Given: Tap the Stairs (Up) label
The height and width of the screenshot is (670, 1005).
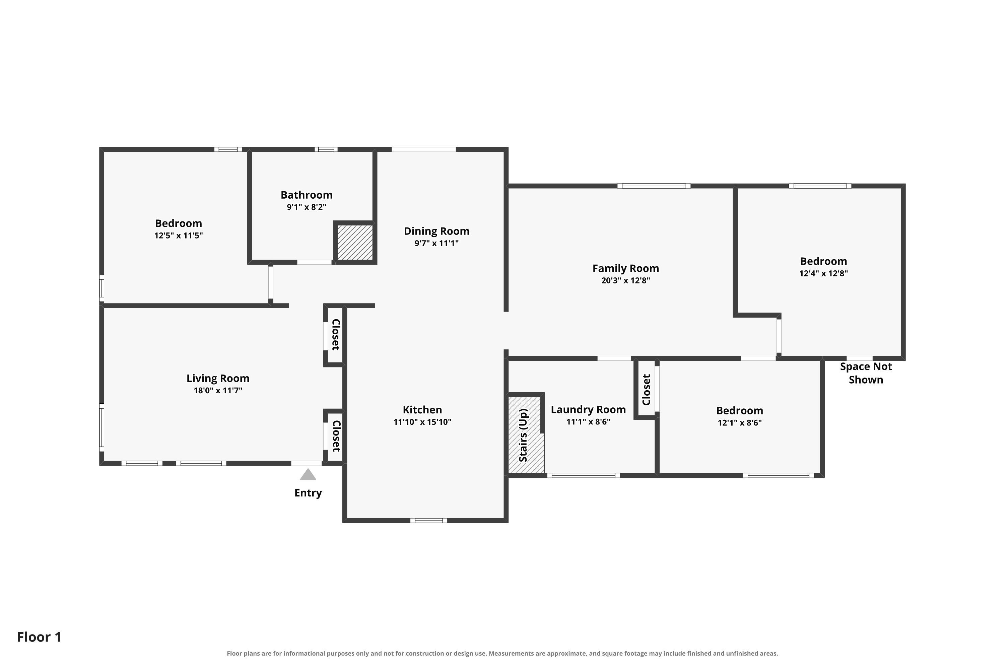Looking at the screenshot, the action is pos(523,435).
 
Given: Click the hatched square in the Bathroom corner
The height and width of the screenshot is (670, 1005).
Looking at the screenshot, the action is pos(355,242).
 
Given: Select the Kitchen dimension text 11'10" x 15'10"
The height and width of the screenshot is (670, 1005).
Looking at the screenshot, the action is pos(422,422).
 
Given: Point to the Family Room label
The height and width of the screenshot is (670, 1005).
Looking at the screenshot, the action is pos(625,268).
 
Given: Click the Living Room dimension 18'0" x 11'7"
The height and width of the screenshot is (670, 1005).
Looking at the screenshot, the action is pos(218,391).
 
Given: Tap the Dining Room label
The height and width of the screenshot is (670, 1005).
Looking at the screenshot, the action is pos(436,231).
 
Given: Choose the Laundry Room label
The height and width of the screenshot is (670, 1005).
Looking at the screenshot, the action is pos(588,410).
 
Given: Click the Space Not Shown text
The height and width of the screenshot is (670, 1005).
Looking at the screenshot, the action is pos(866,373).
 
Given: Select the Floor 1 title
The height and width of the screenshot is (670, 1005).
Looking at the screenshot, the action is pos(39,637).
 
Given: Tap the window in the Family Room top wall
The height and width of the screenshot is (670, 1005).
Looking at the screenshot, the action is pos(654,186).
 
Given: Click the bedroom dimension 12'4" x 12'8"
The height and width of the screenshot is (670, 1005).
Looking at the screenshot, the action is pos(823,273).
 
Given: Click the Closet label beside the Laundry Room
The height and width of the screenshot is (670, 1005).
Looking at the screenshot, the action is pos(646,390).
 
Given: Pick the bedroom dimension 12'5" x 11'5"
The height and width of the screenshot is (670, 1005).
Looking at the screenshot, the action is pos(179,236).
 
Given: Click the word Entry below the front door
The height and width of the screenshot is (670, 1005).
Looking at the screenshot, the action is pos(308,493).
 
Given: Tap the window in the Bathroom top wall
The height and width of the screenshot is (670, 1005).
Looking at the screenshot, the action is pos(326,149).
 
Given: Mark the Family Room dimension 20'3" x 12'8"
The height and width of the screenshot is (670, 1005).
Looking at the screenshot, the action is pos(625,281).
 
